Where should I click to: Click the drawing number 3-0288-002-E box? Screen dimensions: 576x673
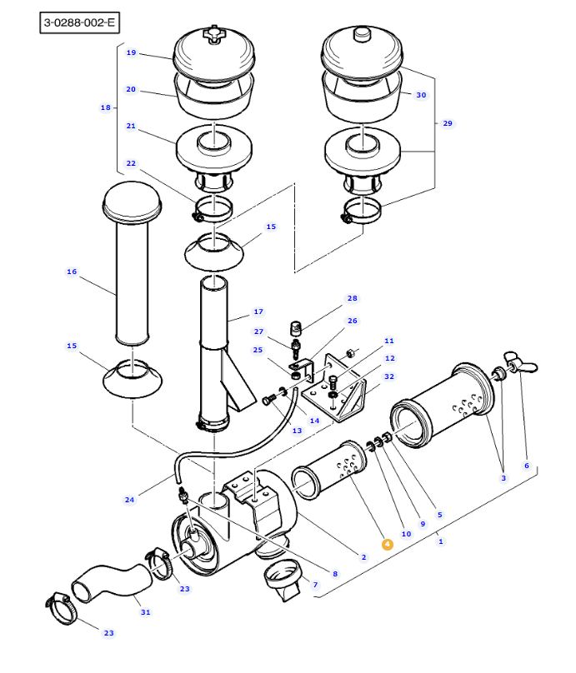click(79, 22)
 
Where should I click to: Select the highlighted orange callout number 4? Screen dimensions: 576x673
click(387, 544)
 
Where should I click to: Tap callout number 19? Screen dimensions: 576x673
click(131, 52)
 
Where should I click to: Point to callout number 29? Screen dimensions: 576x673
click(448, 123)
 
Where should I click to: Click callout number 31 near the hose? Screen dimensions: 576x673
click(146, 612)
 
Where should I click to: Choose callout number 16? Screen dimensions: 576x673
click(72, 272)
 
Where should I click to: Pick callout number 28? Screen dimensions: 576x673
click(353, 298)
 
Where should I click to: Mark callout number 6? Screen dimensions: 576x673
click(527, 466)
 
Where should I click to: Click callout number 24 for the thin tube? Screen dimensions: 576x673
click(129, 500)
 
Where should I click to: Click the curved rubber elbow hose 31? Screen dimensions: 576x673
click(112, 581)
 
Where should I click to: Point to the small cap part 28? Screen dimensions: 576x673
click(296, 328)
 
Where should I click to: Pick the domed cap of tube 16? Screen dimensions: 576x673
click(132, 201)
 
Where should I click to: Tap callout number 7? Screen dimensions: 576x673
click(315, 585)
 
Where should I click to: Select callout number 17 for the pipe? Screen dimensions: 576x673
click(258, 312)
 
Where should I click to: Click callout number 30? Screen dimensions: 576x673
click(421, 95)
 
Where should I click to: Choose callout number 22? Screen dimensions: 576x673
click(131, 163)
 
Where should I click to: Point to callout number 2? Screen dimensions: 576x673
click(363, 557)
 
